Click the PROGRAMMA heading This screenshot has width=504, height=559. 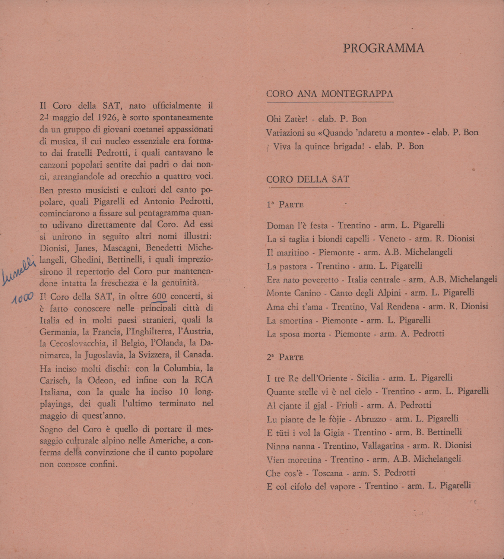tap(383, 48)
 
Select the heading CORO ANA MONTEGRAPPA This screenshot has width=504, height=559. tap(330, 94)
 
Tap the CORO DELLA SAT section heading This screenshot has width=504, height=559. tap(308, 179)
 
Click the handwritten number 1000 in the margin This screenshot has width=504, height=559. tap(23, 298)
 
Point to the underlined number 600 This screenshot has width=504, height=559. tap(159, 296)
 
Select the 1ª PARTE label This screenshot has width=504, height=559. tap(285, 205)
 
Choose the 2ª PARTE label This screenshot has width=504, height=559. tap(285, 357)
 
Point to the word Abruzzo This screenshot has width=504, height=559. tap(370, 419)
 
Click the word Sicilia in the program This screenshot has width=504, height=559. tap(368, 378)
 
